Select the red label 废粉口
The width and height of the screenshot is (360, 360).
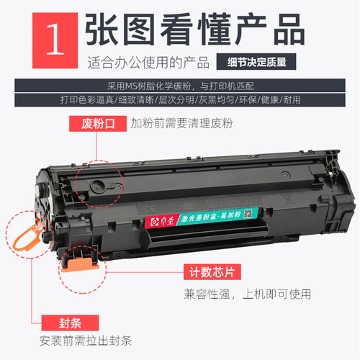[96, 124]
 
